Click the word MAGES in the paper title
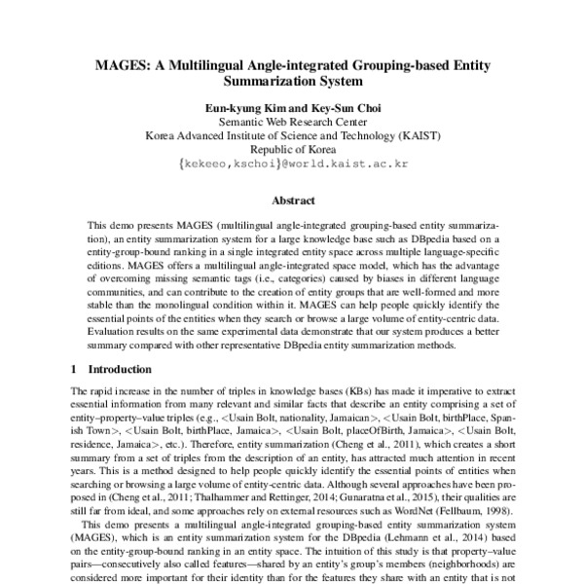tap(116, 66)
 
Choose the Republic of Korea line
tap(292, 151)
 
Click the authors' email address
tap(292, 165)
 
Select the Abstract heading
tap(292, 201)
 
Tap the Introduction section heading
tap(120, 370)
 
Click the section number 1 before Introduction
tap(75, 370)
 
